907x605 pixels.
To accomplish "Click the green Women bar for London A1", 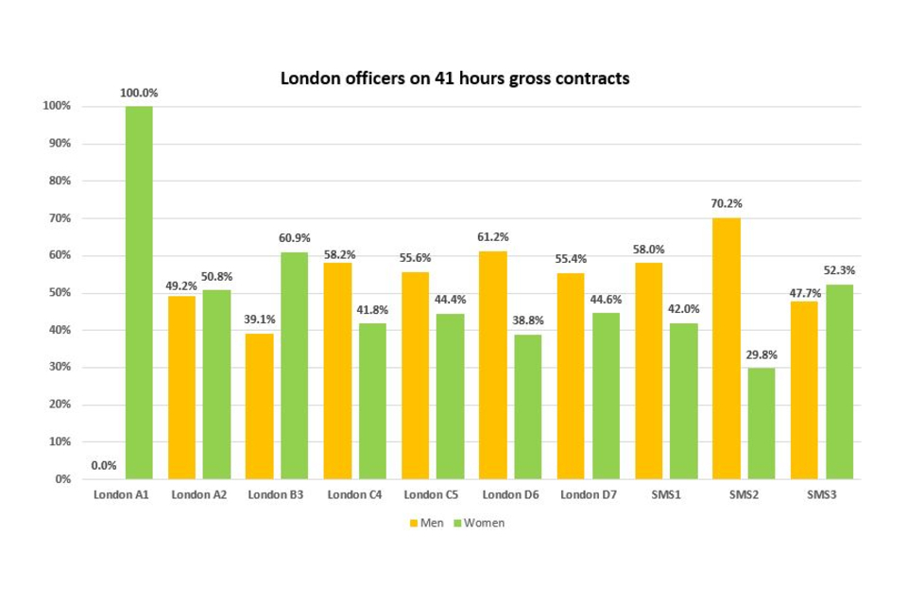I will click(139, 292).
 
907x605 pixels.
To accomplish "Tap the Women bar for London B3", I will click(294, 365).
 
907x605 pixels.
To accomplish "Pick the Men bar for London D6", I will click(493, 365).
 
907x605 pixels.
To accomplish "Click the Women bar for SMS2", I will click(762, 423).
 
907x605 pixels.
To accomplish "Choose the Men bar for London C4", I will click(337, 371).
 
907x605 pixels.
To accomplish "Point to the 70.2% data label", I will click(727, 203).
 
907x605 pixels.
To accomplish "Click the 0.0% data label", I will click(104, 465).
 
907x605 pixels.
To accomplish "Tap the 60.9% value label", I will click(294, 238).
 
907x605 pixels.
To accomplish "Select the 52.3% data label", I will click(840, 270).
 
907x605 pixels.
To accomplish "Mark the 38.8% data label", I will click(528, 320).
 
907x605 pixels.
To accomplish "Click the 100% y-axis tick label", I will click(56, 106).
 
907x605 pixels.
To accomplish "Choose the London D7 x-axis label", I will click(588, 494).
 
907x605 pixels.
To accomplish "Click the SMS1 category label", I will click(666, 494).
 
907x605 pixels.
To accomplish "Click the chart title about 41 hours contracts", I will click(454, 78).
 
